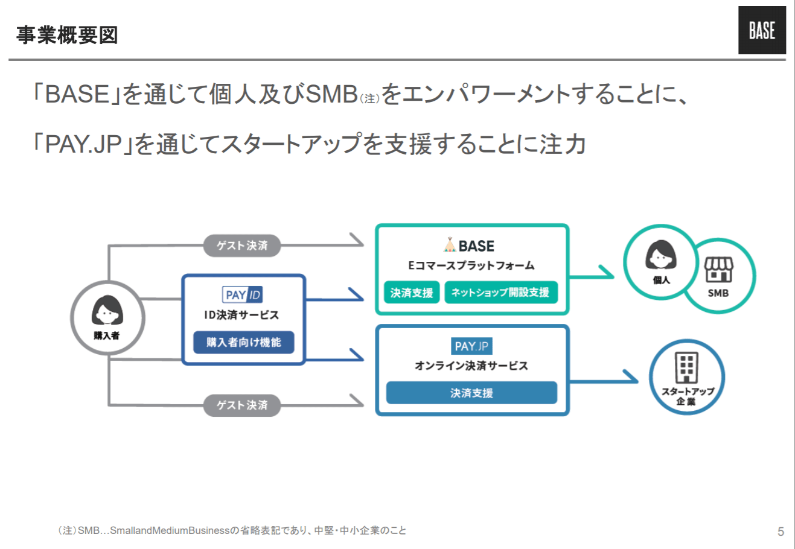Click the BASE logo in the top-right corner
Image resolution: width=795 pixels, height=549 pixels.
tap(762, 30)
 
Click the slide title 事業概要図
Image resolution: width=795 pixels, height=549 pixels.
tap(67, 35)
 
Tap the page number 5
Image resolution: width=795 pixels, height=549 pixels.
tap(781, 532)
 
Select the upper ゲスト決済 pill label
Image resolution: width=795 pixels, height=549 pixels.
tap(242, 246)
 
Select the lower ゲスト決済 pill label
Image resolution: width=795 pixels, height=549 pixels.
tap(242, 405)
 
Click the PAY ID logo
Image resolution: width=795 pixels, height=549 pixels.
tap(243, 295)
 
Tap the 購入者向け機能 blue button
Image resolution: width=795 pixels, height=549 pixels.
tap(243, 342)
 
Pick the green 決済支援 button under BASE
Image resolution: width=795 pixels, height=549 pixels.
tap(412, 293)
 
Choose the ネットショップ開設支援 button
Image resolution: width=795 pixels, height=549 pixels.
tap(500, 293)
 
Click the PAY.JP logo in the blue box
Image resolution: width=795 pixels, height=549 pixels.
tap(471, 346)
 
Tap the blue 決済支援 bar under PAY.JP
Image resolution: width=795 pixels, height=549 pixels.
tap(471, 393)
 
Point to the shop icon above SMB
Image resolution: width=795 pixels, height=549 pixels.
tap(718, 270)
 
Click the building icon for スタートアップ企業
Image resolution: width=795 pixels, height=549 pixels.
tap(686, 367)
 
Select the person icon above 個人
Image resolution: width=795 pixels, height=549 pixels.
tap(661, 255)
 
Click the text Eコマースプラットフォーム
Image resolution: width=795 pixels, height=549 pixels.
tap(471, 265)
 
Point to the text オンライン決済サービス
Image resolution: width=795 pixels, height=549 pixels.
tap(471, 366)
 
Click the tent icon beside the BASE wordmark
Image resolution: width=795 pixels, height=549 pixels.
tap(449, 245)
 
